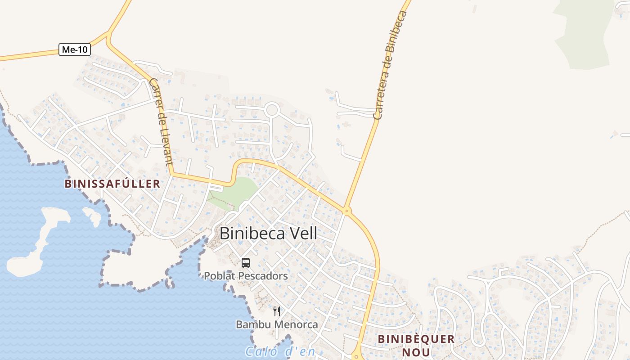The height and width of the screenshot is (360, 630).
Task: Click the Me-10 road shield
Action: (x=75, y=49)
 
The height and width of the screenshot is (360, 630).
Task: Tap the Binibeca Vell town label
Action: (x=268, y=234)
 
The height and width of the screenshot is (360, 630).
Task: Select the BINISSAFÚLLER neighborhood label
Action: (x=112, y=184)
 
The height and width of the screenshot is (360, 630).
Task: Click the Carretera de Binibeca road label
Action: (x=390, y=65)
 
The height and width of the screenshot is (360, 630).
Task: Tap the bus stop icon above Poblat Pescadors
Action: (x=246, y=263)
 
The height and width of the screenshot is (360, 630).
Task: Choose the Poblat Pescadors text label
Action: (x=246, y=276)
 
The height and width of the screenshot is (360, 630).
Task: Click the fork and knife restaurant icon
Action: (x=277, y=311)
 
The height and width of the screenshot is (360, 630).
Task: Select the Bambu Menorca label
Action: (x=277, y=324)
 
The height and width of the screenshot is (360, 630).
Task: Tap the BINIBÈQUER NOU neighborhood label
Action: (x=416, y=345)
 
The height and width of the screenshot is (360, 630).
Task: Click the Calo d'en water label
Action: (x=280, y=351)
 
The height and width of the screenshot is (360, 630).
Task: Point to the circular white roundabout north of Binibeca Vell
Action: (x=272, y=110)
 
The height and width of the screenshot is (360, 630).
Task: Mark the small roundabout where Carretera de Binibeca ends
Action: (x=346, y=210)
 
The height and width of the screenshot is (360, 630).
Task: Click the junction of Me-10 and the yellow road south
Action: (x=108, y=35)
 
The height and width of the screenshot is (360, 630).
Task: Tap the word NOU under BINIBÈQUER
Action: (x=416, y=352)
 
